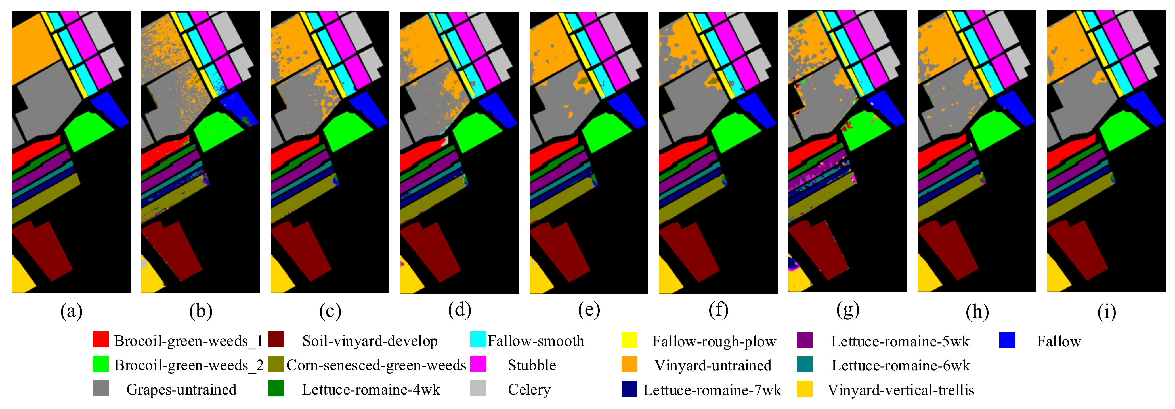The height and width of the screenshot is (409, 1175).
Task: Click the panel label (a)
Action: [71, 312]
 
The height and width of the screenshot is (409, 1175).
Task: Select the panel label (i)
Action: [1107, 312]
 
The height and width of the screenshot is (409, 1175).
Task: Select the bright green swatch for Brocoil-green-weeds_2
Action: [100, 364]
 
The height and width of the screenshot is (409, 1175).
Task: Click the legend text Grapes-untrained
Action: [181, 389]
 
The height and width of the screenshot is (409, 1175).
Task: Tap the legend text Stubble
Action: [532, 365]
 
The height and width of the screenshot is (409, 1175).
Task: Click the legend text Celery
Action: [529, 389]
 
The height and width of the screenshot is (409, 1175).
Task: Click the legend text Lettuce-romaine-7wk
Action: [712, 390]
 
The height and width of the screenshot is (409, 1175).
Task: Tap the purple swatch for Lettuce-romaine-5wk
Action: [805, 340]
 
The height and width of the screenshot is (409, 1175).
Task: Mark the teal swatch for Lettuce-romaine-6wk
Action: [805, 364]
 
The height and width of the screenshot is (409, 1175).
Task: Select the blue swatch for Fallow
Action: [1007, 340]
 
